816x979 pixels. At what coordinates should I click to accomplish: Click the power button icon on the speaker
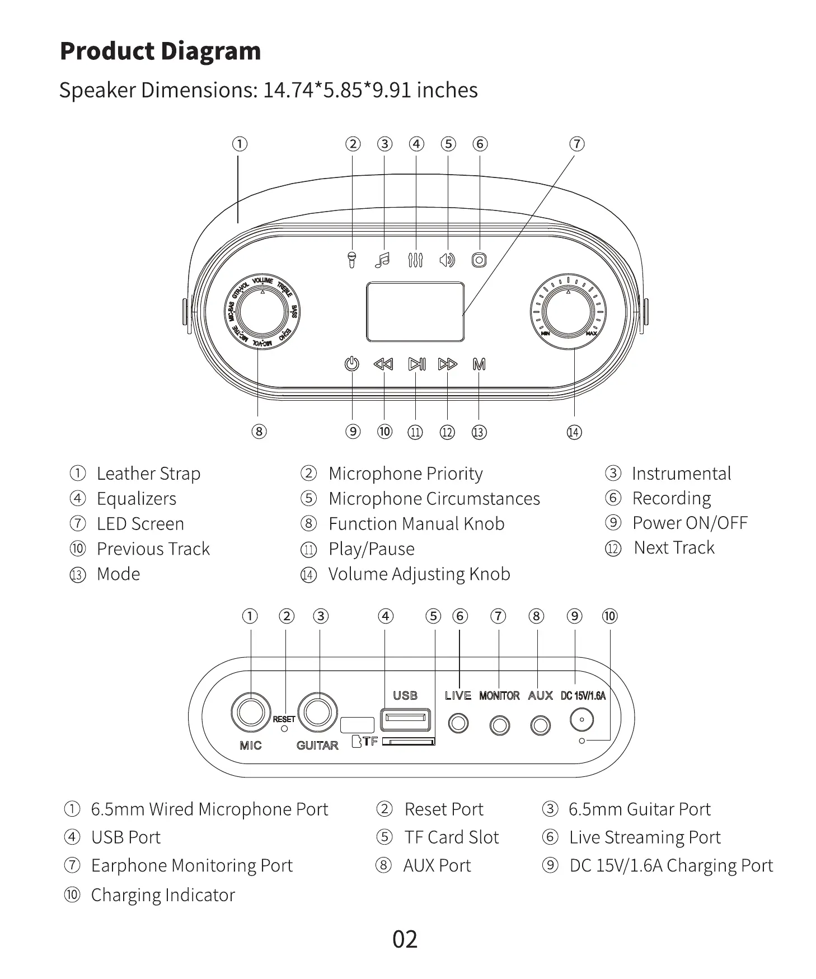[x=351, y=364]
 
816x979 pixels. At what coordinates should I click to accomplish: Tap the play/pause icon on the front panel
[x=416, y=364]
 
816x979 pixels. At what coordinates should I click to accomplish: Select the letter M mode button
[x=479, y=364]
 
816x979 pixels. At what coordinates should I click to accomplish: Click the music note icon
[x=383, y=260]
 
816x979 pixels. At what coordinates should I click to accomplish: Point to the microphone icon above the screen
[x=351, y=260]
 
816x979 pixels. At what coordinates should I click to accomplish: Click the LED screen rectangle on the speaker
[x=415, y=312]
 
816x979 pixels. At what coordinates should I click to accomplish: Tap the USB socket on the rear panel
[x=405, y=719]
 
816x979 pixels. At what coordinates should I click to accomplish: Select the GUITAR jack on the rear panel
[x=317, y=713]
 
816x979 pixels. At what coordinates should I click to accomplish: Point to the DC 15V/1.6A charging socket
[x=582, y=719]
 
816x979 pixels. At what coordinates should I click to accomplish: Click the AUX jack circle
[x=540, y=725]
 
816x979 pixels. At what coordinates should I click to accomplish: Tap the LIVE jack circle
[x=458, y=724]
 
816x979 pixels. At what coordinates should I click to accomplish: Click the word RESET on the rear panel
[x=284, y=719]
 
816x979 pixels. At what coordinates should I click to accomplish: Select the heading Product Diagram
[x=160, y=51]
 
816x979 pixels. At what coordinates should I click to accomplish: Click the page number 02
[x=405, y=939]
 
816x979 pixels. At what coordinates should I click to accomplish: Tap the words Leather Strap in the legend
[x=148, y=474]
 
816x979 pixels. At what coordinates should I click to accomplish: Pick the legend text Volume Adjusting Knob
[x=419, y=574]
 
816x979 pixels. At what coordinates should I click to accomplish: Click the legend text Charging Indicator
[x=163, y=895]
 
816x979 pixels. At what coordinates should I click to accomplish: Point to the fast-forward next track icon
[x=448, y=364]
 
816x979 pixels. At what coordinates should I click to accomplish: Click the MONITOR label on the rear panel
[x=499, y=696]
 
